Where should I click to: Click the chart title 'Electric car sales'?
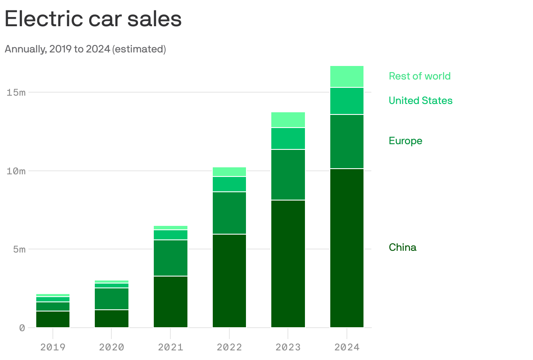click(x=93, y=19)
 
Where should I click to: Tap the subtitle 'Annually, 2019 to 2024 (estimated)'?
click(x=85, y=49)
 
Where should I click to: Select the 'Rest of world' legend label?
click(x=419, y=76)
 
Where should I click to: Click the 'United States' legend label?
click(x=420, y=100)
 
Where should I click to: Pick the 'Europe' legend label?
click(x=405, y=141)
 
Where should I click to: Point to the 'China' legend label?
click(x=402, y=247)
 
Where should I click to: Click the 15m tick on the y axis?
click(x=16, y=92)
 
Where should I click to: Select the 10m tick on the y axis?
click(x=16, y=171)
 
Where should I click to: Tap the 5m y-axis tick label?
click(x=18, y=249)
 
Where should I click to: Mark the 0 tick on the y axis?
click(x=22, y=328)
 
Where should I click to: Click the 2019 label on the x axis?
click(x=53, y=347)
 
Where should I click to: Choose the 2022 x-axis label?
click(x=229, y=347)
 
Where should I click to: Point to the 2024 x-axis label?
click(x=347, y=347)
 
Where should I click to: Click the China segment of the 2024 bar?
click(x=347, y=248)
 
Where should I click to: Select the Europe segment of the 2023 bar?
click(x=288, y=175)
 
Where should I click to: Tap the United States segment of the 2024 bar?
click(x=347, y=101)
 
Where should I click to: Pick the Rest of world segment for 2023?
click(x=288, y=120)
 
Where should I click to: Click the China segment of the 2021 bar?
click(x=170, y=301)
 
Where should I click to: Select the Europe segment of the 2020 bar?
click(x=111, y=299)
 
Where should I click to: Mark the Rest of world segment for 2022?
click(x=229, y=172)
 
